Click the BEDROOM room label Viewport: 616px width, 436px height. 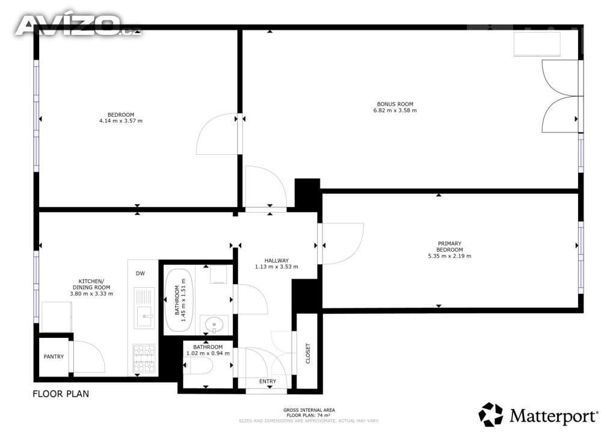pos(121,115)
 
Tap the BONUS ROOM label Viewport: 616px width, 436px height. pos(395,104)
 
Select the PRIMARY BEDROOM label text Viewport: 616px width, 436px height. pos(449,246)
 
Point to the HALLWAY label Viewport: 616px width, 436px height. pos(277,260)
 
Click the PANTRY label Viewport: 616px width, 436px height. pos(54,357)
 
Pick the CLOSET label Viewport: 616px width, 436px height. pos(307,353)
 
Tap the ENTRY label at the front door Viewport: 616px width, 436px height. pos(268,381)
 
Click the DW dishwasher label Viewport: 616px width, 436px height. pos(140,273)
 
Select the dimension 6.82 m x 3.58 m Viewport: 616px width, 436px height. pos(395,110)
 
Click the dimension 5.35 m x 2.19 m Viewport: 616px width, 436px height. pos(449,256)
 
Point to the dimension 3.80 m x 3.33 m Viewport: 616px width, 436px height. pos(91,294)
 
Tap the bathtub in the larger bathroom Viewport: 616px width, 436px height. pos(179,301)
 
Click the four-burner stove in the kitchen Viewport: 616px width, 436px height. pos(144,358)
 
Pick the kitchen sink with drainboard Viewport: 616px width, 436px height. pos(144,308)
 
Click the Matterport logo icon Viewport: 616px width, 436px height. pos(491,414)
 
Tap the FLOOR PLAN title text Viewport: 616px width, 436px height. pos(61,393)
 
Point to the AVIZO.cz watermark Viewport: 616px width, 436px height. pos(78,25)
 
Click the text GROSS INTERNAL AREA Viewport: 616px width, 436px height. pos(309,410)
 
